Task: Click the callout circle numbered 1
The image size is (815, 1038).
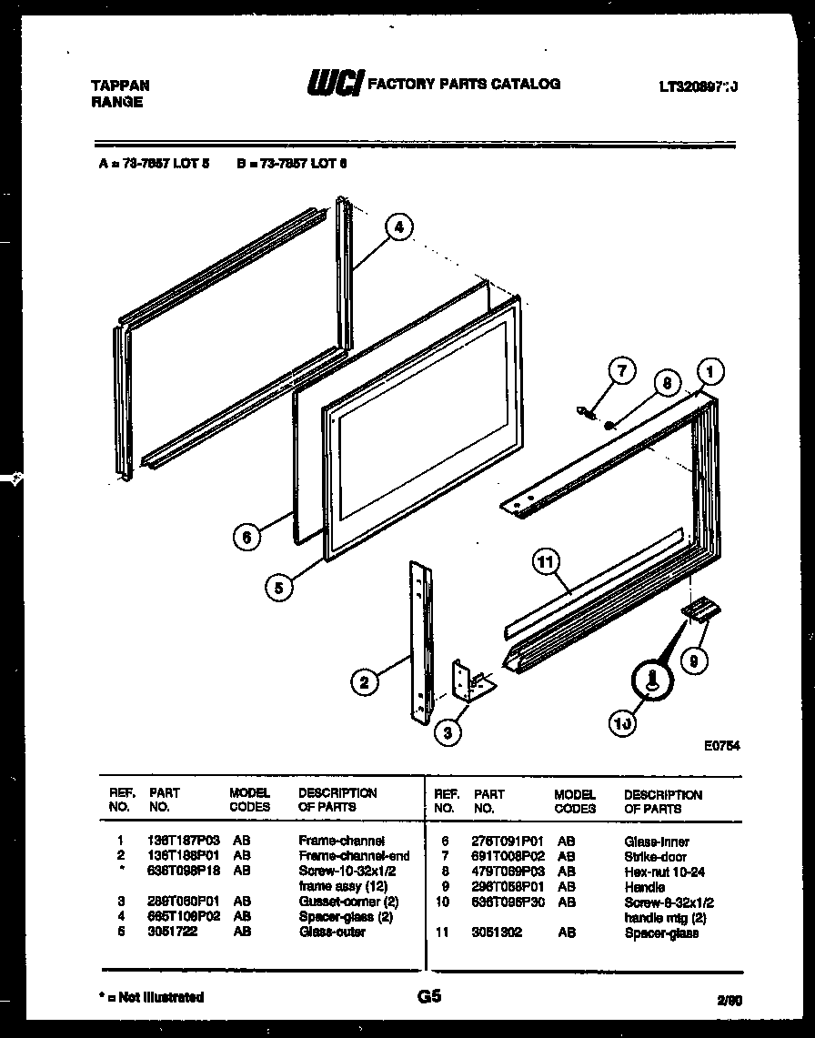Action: pos(710,372)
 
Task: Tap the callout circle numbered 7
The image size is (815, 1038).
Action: pos(621,371)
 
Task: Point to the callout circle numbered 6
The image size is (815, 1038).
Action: pos(246,537)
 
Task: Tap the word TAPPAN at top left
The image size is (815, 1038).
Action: pos(120,86)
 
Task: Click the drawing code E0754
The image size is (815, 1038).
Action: pos(720,744)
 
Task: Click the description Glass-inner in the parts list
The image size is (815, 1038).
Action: pos(656,842)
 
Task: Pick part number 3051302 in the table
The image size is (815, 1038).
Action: pos(498,933)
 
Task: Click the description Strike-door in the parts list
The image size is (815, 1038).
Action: pos(655,857)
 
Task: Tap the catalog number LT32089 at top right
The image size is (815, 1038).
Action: pos(697,86)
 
